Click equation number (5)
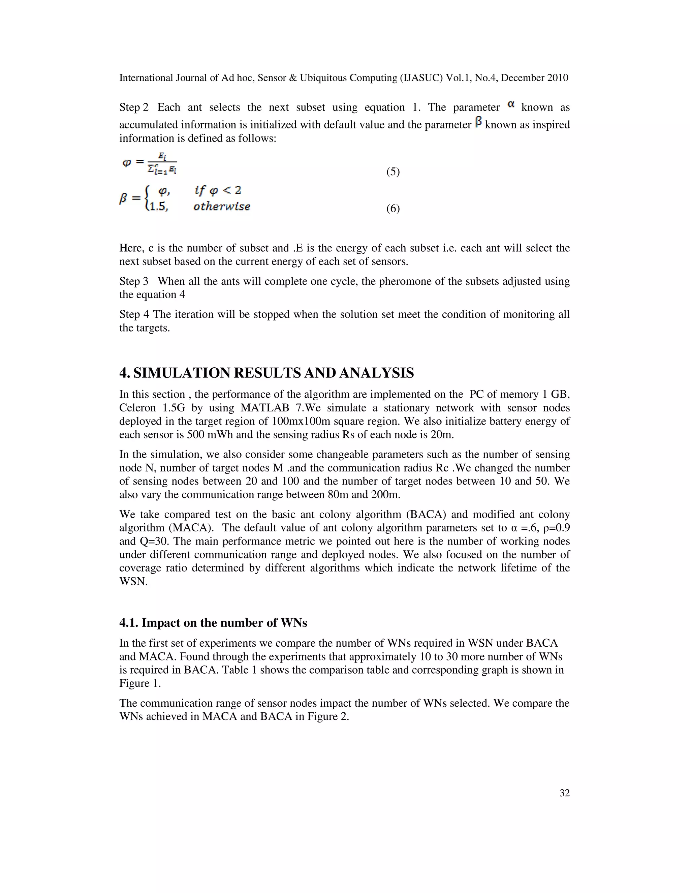pos(393,172)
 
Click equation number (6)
pos(393,209)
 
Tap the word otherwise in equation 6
pos(222,207)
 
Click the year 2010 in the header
pos(558,78)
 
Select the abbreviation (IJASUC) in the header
pos(421,78)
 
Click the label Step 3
pos(134,281)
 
